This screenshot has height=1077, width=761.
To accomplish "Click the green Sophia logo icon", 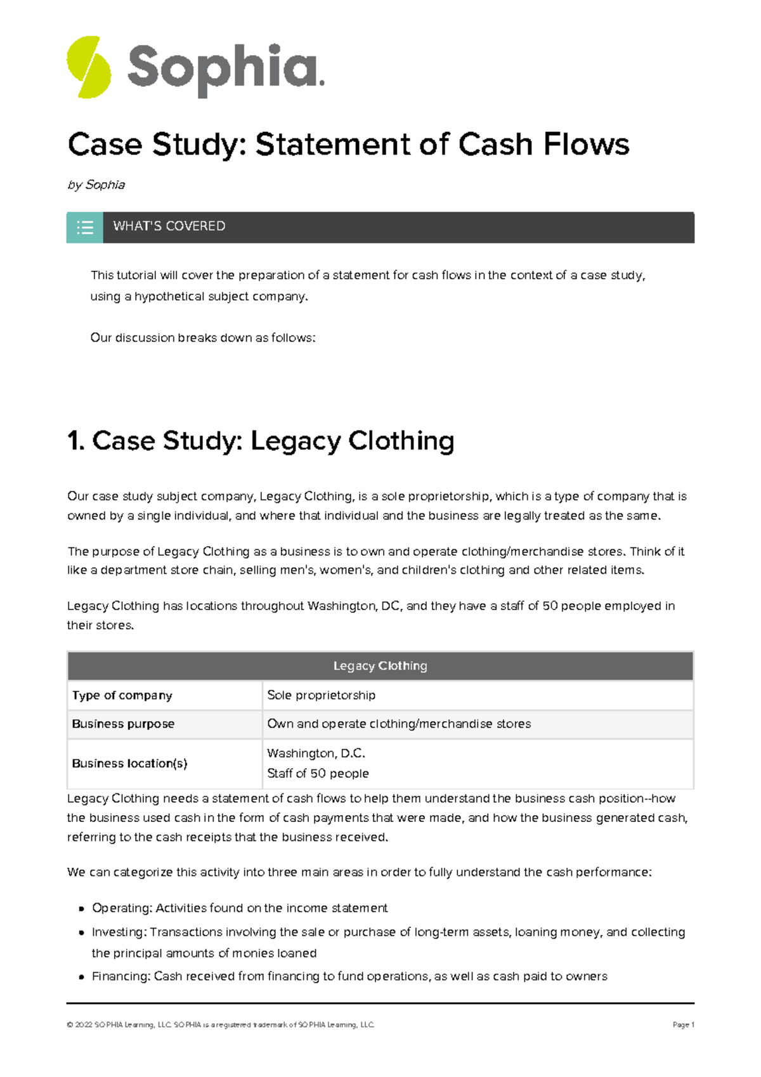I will [89, 67].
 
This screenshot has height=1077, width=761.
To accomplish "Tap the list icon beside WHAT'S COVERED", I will [85, 227].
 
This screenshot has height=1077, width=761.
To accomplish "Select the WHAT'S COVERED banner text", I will [169, 226].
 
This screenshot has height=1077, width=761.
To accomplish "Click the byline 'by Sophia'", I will [96, 185].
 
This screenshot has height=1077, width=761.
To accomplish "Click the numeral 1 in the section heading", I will [74, 441].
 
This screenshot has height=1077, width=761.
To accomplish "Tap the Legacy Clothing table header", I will [380, 666].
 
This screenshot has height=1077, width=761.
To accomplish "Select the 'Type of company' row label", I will [122, 695].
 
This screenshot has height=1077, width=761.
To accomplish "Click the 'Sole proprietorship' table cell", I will [321, 695].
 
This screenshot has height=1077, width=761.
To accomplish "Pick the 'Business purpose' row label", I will [123, 724].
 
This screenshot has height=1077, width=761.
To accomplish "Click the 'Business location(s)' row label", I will [129, 764].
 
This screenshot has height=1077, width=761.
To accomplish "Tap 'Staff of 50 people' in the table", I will [318, 773].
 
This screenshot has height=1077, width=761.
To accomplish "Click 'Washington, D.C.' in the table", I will [316, 754].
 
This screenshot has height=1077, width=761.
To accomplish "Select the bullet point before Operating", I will [81, 909].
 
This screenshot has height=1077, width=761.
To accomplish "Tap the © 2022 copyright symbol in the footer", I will [69, 1025].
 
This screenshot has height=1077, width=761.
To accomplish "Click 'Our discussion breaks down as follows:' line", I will [202, 337].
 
